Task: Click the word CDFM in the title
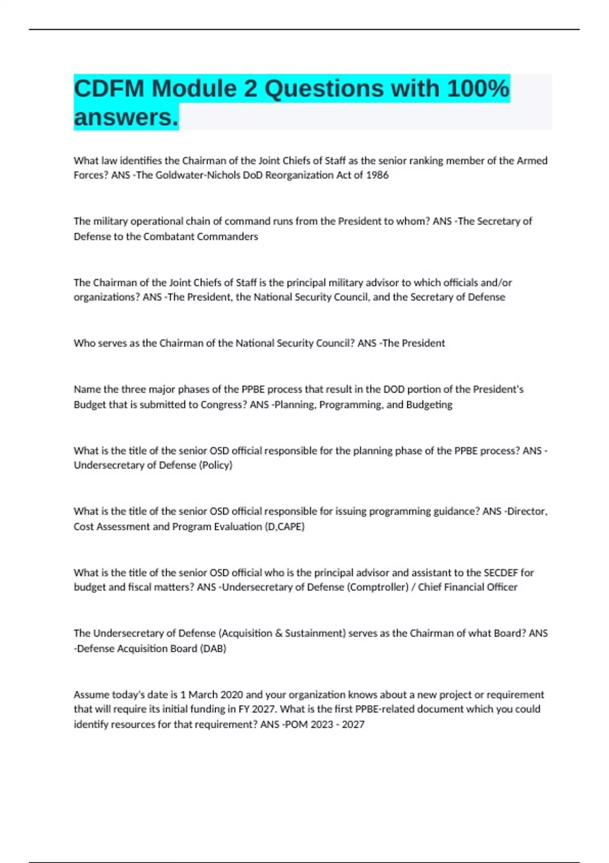tap(109, 89)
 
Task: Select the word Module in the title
tap(194, 89)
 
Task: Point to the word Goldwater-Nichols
tap(178, 175)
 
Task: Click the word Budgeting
tap(429, 405)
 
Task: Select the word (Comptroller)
tap(378, 587)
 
